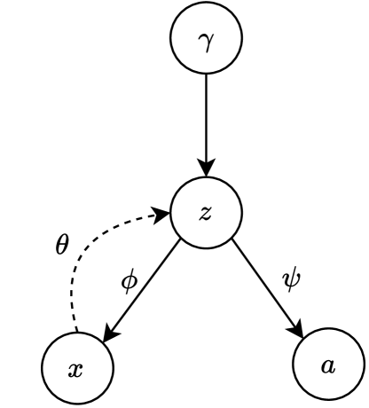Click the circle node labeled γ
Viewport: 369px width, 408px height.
(206, 41)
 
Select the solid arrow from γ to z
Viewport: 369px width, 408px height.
(206, 124)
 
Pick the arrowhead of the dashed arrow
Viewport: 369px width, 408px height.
(162, 214)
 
